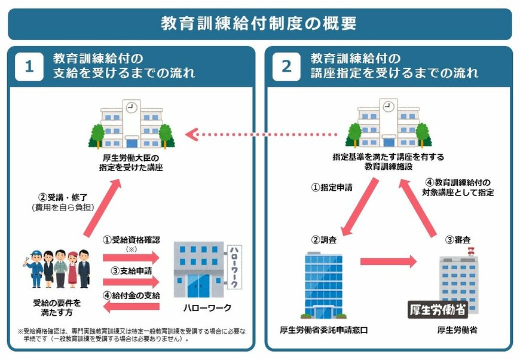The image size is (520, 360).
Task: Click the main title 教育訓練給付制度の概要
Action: tap(259, 23)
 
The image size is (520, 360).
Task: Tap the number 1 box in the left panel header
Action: tap(29, 66)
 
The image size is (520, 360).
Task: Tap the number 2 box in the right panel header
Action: tap(287, 66)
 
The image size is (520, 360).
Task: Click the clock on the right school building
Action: tap(388, 108)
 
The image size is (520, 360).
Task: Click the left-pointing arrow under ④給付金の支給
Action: tap(131, 307)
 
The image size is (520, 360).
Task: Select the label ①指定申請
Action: tap(332, 187)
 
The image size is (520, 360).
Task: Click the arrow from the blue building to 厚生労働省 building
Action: tap(388, 261)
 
